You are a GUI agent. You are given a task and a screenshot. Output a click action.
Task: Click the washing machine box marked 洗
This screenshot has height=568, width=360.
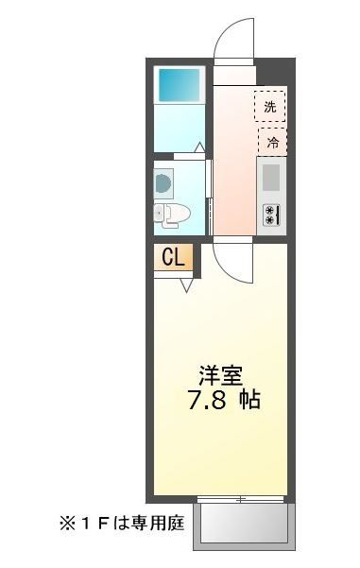click(x=270, y=107)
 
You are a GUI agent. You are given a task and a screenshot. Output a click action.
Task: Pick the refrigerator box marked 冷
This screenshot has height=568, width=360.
click(x=272, y=142)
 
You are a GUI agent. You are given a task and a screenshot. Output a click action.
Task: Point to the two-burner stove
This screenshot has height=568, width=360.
click(x=270, y=214)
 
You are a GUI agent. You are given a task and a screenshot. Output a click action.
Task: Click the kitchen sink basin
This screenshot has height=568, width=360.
click(x=271, y=177)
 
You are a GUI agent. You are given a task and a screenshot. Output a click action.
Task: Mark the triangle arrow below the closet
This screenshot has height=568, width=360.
click(x=186, y=284)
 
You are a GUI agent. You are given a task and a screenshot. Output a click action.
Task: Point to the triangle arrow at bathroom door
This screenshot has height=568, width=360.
click(x=199, y=147)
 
